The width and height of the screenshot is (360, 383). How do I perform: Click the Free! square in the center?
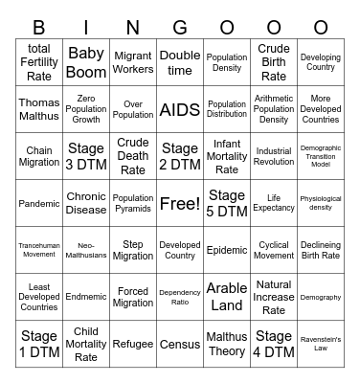coord(180,203)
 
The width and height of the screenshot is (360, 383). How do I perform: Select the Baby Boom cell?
coord(86,62)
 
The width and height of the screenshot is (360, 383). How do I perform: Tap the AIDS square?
coord(180,109)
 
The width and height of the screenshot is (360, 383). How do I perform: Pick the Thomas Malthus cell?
coord(39,109)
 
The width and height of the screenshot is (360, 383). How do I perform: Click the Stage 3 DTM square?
coord(86,156)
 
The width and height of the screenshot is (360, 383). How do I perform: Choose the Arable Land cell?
coord(227,297)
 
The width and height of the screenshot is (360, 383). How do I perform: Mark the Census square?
coord(180,344)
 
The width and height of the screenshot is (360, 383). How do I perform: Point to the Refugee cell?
coord(133,344)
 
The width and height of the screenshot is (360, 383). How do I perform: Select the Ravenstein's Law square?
coord(321,344)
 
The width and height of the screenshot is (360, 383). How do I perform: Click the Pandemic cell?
coord(39,203)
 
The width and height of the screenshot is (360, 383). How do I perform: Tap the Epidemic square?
coord(227,250)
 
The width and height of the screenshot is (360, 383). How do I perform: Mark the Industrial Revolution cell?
coord(274,156)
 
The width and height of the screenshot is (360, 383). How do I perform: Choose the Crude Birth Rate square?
coord(274,62)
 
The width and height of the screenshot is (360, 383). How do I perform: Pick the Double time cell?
coord(180,62)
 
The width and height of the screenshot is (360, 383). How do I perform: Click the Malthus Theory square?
coord(227,344)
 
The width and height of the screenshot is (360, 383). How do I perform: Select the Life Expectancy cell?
coord(274,203)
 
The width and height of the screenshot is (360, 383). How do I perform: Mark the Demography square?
coord(321,297)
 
